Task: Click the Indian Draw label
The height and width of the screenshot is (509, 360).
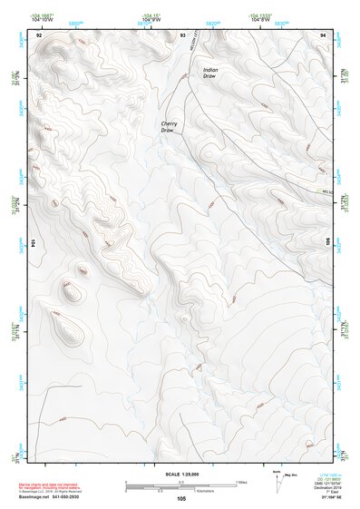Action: click(x=210, y=73)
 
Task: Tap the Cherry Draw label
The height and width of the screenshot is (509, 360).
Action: click(x=168, y=126)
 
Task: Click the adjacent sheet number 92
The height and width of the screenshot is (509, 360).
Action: click(x=38, y=34)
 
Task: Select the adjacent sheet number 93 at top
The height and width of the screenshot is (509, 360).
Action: click(x=182, y=34)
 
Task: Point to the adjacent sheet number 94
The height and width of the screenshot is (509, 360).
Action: click(x=324, y=34)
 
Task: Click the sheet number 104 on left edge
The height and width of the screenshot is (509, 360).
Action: click(x=34, y=243)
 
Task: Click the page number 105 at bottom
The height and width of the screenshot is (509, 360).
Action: click(x=181, y=499)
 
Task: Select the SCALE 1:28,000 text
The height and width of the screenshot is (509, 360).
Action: click(x=180, y=475)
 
